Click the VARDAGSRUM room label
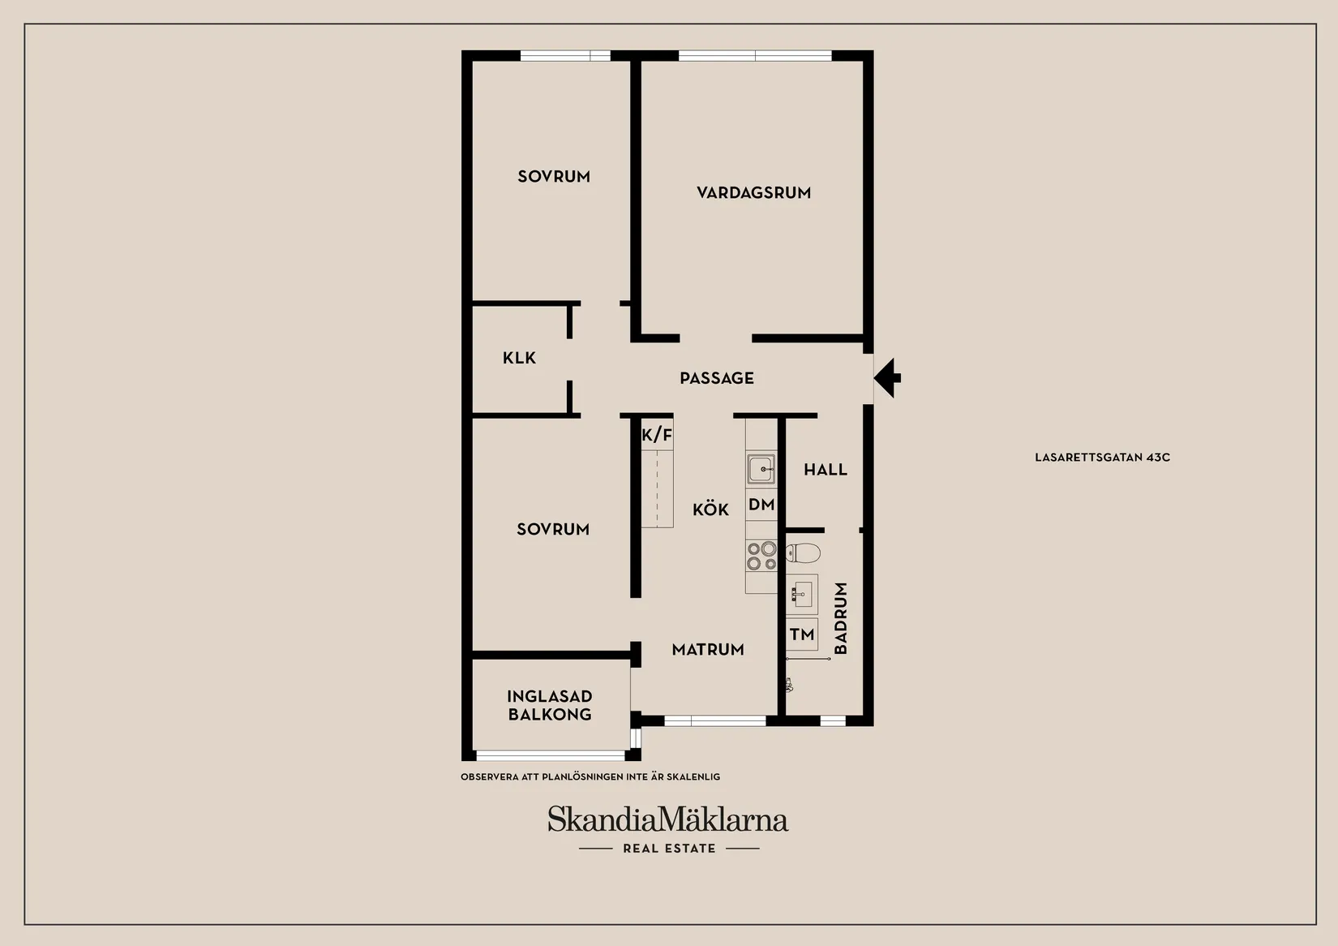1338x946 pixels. coord(754,192)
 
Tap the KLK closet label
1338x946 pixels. coord(519,358)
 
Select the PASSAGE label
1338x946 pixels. coord(717,378)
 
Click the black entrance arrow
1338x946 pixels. coord(887,378)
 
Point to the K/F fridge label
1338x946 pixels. coord(657,435)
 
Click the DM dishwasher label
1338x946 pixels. coord(761,505)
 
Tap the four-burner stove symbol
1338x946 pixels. coord(761,556)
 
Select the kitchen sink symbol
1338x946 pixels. coord(761,469)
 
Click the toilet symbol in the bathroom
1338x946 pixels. coord(803,553)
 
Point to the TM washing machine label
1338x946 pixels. coord(802,634)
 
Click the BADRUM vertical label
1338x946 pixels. coord(840,618)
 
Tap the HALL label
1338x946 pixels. coord(826,470)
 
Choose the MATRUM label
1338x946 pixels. coord(708,650)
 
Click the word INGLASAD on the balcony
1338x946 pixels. coord(550,696)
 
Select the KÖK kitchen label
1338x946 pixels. coord(711,510)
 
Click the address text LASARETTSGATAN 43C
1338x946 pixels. coord(1102,457)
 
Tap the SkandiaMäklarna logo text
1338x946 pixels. coord(668,819)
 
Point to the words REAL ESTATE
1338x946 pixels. coord(669,849)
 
